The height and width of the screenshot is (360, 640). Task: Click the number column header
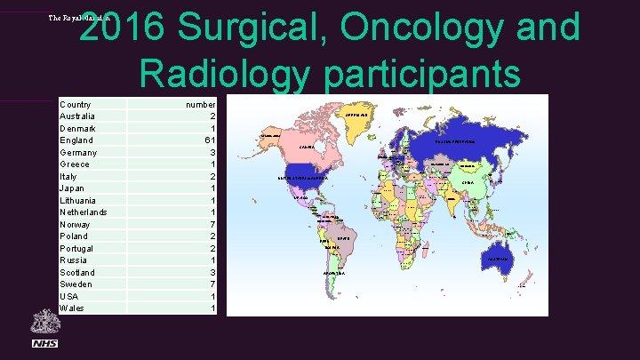[201, 104]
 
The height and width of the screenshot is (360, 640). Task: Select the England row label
[77, 140]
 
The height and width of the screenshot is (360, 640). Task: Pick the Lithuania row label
[81, 200]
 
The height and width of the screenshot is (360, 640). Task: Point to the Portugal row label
[78, 248]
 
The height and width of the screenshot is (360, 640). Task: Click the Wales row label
[72, 308]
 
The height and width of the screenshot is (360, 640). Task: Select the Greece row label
[76, 164]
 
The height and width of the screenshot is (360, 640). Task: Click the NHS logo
[44, 343]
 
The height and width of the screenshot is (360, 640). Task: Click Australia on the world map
[498, 258]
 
